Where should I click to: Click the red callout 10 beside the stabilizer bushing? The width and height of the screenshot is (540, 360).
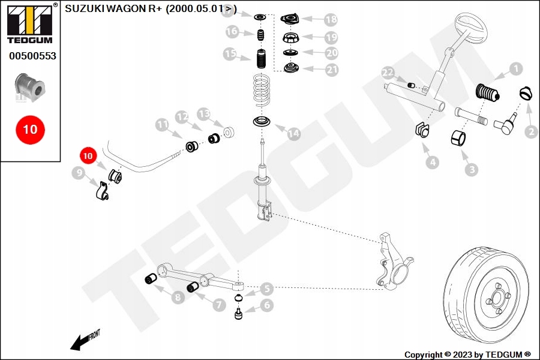point(88,155)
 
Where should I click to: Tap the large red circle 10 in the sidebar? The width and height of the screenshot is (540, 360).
point(30,129)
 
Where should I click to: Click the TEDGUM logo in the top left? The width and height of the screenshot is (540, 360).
point(29,24)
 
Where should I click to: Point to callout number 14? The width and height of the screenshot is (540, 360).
point(293,134)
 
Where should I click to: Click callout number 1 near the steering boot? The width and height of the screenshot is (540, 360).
point(515,70)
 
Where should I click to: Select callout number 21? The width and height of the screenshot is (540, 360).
point(332,70)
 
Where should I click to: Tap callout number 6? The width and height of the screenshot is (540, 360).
point(266,305)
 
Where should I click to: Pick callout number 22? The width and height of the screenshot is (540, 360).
point(388,74)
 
